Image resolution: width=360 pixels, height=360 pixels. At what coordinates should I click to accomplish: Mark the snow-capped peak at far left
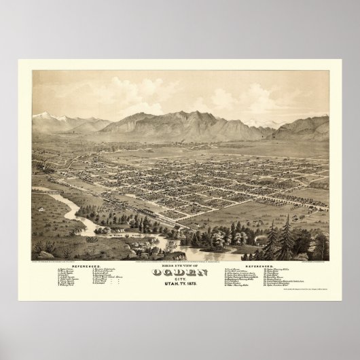(47, 115)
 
